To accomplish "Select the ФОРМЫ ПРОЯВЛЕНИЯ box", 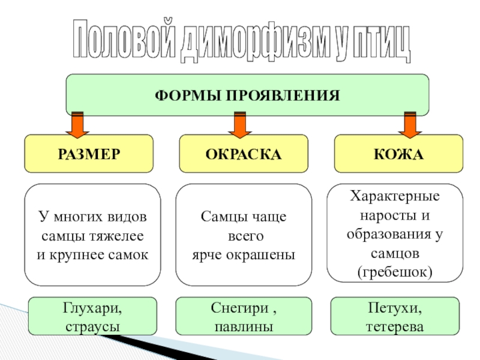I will (247, 95).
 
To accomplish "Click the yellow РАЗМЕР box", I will (89, 154).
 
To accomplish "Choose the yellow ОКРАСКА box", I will (244, 154).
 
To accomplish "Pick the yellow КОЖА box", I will (398, 154).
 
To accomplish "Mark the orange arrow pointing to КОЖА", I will (410, 124).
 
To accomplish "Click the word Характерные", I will (395, 196).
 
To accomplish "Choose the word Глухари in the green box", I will (92, 308).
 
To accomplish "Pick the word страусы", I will (92, 327).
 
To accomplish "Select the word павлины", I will (244, 327).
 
